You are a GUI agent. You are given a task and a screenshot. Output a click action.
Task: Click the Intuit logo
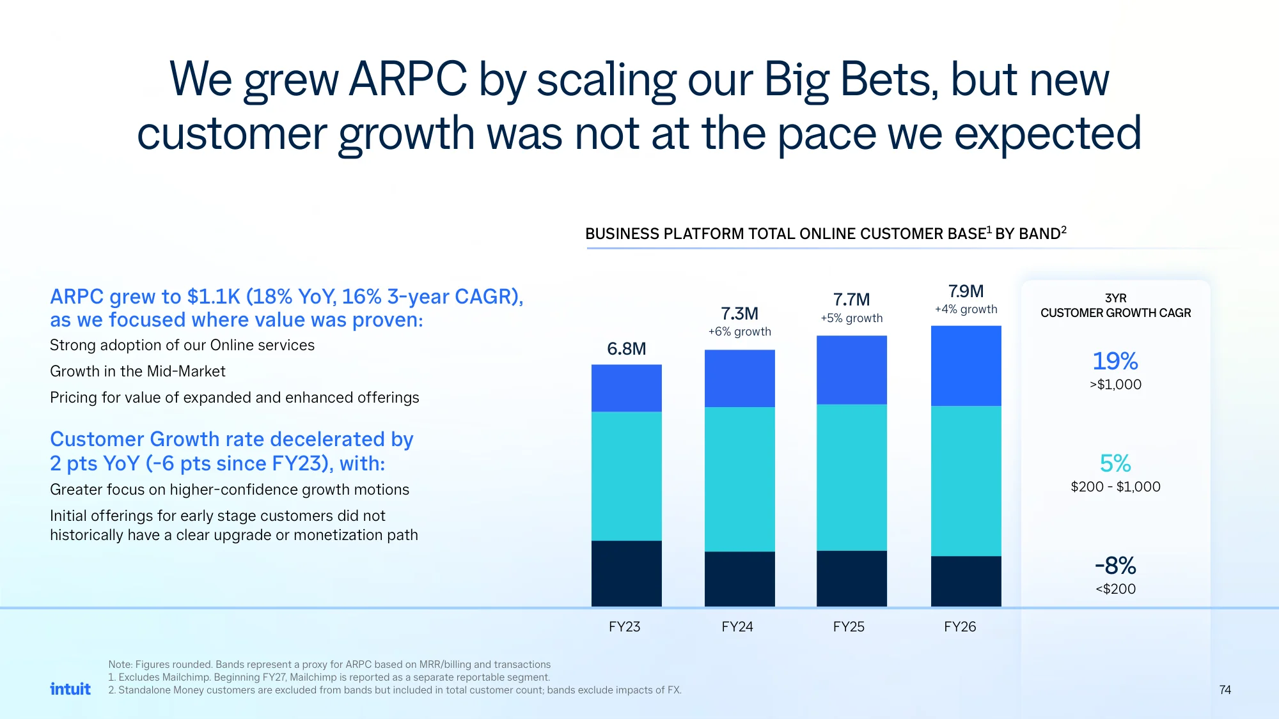70,689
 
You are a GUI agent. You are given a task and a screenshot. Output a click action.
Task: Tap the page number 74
1225,690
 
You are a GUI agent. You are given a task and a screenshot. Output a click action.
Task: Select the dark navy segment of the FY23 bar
626,573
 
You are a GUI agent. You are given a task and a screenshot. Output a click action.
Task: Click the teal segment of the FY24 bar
739,479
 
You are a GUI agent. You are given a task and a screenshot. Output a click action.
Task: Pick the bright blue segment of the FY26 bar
966,366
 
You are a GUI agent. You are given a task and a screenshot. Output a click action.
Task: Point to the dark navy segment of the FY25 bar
851,578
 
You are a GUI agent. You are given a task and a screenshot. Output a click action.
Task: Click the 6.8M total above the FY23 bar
626,349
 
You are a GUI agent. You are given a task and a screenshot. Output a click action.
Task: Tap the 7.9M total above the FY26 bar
966,291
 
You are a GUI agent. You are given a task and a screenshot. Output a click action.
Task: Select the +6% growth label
739,332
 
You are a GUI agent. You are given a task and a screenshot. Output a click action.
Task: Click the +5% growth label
851,318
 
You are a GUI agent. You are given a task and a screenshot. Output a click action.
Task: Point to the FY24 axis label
737,627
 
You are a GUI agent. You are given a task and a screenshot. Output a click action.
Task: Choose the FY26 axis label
960,627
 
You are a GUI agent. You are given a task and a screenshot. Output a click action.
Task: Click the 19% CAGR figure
1115,361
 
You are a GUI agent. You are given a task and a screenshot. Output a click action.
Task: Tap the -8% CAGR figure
1115,566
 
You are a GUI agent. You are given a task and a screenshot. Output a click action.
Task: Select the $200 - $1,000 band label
1115,486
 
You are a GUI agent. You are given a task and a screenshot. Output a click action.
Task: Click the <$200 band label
1115,589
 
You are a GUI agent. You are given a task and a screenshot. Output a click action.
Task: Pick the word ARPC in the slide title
408,79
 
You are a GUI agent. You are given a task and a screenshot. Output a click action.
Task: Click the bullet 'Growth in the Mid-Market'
137,371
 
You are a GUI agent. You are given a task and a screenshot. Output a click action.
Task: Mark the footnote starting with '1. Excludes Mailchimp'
329,677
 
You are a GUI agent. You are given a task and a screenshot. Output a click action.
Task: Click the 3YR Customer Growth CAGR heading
1115,305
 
